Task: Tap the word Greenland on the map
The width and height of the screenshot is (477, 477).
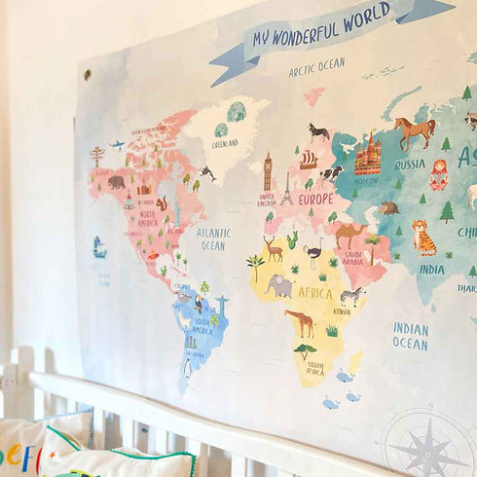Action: pos(225,143)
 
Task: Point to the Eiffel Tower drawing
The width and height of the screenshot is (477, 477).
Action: pos(286,189)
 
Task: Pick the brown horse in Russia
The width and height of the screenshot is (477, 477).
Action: pos(415,129)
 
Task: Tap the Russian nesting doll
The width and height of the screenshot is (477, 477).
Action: pos(438,174)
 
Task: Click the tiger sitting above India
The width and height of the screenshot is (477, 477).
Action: pos(423,237)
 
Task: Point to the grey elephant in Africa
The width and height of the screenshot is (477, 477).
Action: pos(279,285)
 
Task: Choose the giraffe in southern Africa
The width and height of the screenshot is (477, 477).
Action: pos(300,322)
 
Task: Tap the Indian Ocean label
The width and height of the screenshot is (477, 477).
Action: pos(410,336)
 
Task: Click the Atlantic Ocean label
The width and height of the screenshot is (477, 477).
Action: pos(213,239)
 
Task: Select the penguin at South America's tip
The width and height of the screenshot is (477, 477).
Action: pos(188,367)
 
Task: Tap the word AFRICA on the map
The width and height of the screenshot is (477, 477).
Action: pos(314,292)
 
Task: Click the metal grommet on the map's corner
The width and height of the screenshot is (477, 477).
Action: pos(87,74)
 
